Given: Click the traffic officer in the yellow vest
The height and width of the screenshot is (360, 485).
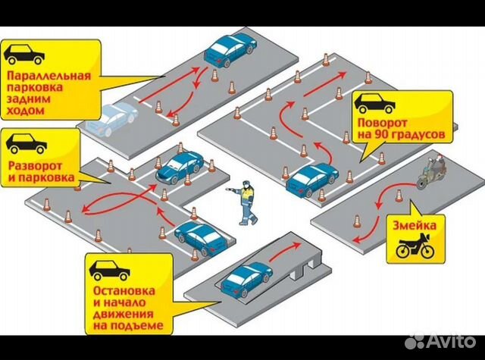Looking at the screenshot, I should point(246,202).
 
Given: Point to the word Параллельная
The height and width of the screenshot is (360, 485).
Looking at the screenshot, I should point(48,77).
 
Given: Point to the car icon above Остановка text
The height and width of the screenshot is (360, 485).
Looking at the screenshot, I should point(110,269).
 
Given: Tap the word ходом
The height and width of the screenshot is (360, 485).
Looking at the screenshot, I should point(23,111).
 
